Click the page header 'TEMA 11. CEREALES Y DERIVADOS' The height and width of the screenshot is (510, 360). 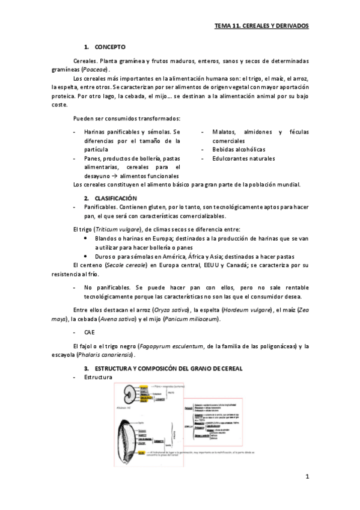coord(261,27)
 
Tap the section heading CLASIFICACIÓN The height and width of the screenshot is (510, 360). coord(116,198)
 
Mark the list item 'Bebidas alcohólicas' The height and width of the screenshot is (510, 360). coord(238,149)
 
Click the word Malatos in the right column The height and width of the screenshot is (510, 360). coord(224,132)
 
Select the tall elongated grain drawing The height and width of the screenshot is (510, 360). coord(130,436)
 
